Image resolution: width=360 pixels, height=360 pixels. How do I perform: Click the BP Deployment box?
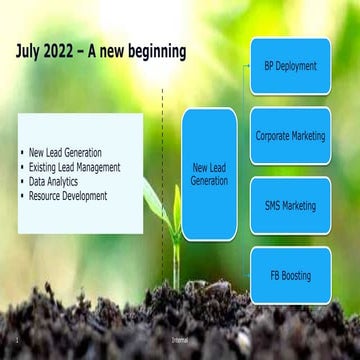(x=290, y=66)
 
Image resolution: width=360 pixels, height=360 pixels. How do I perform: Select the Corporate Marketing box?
(x=290, y=136)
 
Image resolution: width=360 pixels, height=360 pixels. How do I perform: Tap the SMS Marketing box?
(x=290, y=205)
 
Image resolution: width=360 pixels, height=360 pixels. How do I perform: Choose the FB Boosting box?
(x=290, y=275)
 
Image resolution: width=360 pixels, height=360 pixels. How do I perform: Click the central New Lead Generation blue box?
(x=209, y=175)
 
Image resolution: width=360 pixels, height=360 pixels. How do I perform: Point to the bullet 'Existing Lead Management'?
(x=75, y=168)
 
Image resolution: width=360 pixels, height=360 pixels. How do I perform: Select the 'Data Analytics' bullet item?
(x=58, y=182)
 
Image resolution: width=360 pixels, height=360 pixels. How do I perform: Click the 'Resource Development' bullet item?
(x=69, y=196)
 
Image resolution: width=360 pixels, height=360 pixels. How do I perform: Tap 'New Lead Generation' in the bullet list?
(x=66, y=153)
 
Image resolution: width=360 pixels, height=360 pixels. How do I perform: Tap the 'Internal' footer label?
(x=180, y=352)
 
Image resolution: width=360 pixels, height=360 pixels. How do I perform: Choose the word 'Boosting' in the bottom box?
(x=297, y=275)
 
